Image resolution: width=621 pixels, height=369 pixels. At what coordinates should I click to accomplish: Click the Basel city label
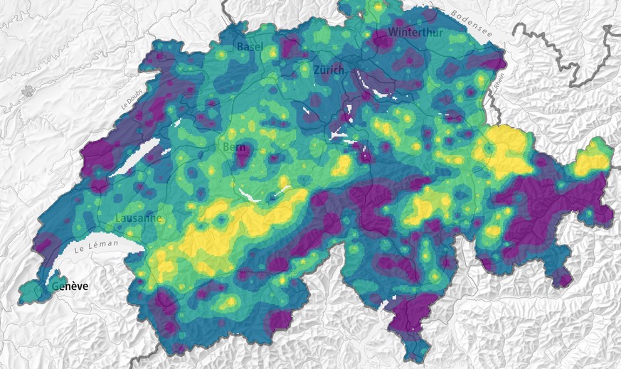coord(250,46)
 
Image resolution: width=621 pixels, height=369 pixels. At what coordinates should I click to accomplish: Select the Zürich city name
coord(328,70)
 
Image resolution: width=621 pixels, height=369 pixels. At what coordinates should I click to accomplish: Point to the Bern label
coord(234,147)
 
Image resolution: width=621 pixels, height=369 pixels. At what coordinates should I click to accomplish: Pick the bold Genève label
coord(70,287)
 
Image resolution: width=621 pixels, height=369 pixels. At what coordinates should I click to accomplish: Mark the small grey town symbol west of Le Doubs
coord(28,91)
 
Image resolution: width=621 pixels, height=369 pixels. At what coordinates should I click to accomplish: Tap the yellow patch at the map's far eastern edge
coord(591,161)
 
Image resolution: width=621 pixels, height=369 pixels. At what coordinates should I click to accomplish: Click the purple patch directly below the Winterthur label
coord(385,43)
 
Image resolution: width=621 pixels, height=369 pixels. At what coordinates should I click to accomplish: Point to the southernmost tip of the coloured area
coord(411,360)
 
